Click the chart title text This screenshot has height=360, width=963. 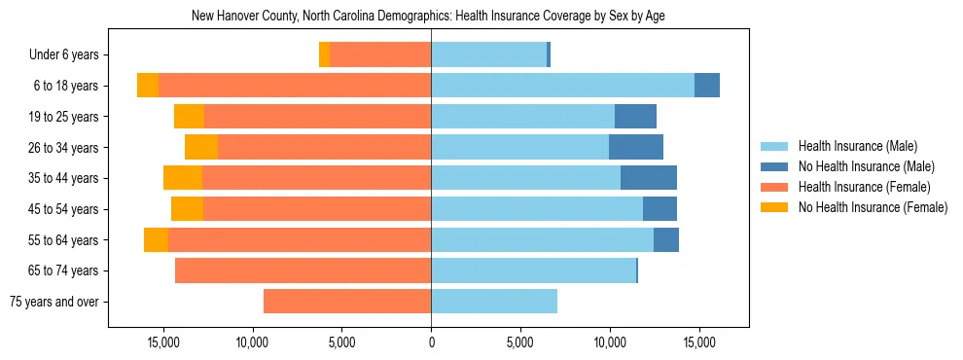428,17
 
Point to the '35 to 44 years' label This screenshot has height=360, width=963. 63,178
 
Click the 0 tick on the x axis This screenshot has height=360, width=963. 431,342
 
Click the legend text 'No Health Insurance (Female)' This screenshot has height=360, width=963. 873,207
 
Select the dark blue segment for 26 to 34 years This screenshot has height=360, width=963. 636,147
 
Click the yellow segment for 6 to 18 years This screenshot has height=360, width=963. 148,86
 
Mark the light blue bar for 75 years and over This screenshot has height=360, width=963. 494,302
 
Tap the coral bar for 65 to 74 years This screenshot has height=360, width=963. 303,270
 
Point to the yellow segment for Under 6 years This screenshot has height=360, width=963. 324,55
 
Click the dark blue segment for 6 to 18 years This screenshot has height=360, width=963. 707,86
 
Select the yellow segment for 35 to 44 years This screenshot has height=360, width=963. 183,178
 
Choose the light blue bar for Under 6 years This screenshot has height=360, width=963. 488,55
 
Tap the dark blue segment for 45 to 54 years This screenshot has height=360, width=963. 660,209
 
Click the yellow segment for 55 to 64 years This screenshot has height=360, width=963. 156,240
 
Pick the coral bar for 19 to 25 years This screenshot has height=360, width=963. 317,117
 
